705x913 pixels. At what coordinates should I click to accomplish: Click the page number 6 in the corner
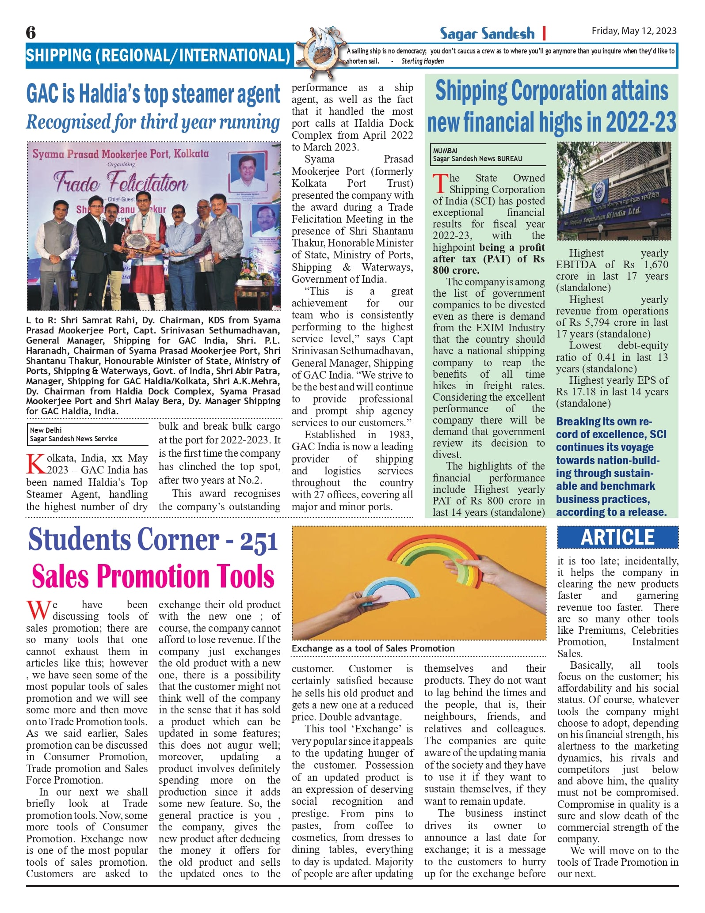pos(30,32)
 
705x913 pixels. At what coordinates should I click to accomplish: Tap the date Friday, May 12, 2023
pos(634,30)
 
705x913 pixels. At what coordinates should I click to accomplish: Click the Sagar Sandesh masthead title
pos(487,33)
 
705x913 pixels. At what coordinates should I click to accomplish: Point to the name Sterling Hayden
pos(423,61)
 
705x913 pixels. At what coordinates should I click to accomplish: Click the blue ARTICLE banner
pos(617,537)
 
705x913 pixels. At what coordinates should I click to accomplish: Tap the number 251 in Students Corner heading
pos(259,542)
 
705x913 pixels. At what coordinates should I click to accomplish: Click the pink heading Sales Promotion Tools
pos(153,576)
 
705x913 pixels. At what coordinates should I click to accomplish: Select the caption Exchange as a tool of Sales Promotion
pos(373,648)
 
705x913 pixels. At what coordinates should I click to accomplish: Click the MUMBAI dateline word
pos(445,151)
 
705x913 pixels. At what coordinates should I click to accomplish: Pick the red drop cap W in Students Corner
pos(38,610)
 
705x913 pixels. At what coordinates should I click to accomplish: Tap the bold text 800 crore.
pos(456,270)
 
